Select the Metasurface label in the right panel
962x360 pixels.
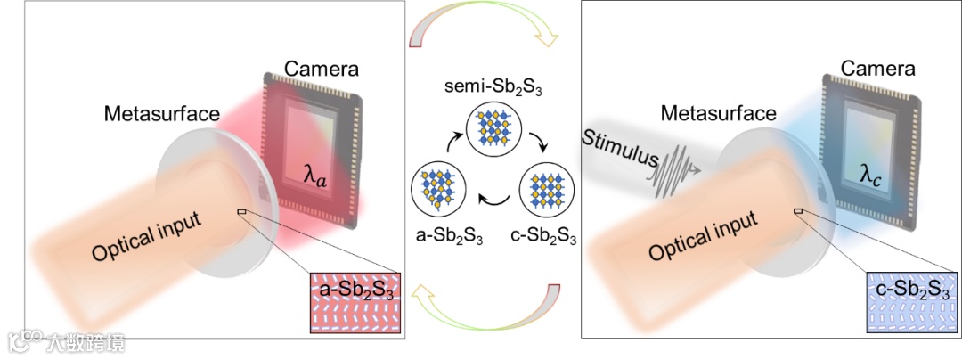(719, 114)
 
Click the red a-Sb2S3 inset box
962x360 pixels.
(353, 300)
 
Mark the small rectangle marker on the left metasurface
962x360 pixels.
(241, 211)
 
